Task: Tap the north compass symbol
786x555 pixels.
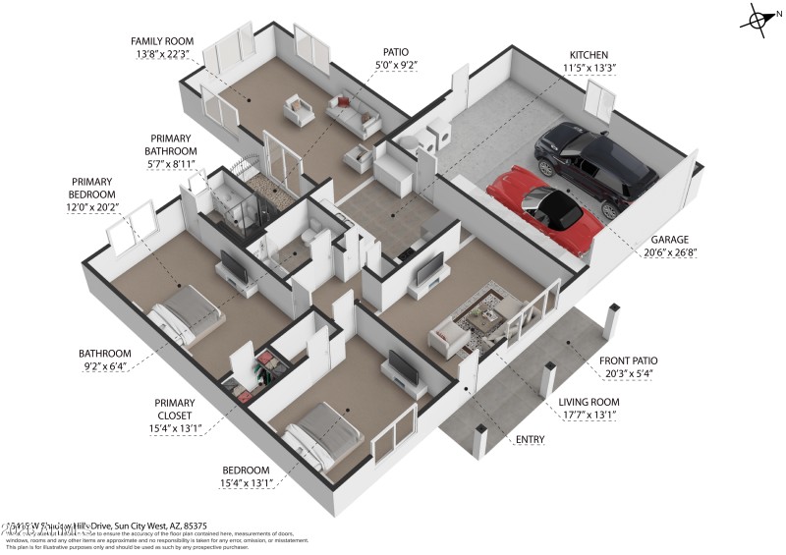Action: [759, 19]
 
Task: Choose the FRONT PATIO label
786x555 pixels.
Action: [630, 360]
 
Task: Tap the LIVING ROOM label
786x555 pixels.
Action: [589, 403]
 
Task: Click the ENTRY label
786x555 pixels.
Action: [531, 439]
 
